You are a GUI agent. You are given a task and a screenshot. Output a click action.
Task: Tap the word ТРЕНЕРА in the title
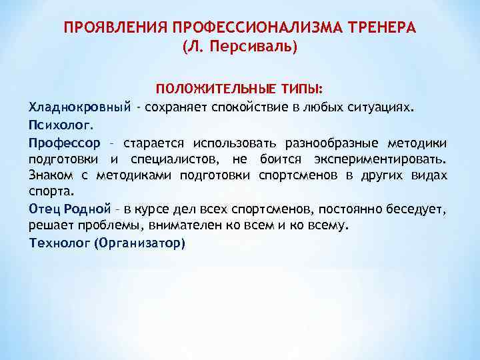(x=385, y=29)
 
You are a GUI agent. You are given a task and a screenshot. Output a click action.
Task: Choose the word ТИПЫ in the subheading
(x=301, y=89)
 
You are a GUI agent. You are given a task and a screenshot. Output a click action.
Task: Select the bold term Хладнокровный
(x=79, y=107)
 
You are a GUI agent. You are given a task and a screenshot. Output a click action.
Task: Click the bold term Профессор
(x=64, y=143)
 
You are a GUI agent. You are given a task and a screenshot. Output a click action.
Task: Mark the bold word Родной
(x=87, y=209)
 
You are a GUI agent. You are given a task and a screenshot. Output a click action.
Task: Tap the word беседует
(x=419, y=209)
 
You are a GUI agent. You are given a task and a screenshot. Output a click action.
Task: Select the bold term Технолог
(x=59, y=243)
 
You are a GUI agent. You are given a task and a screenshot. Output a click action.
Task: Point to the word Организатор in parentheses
(x=139, y=243)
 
